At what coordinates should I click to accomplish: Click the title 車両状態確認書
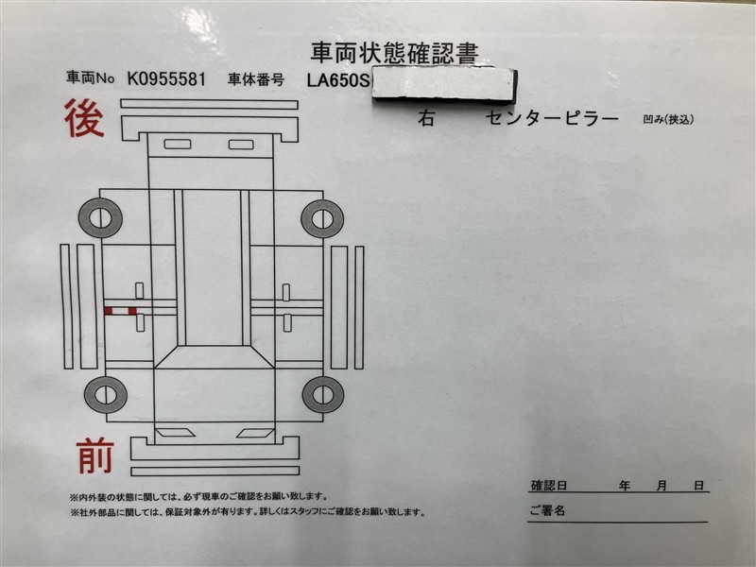click(394, 53)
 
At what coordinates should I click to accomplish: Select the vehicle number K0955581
click(166, 78)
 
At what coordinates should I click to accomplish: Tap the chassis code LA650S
click(338, 80)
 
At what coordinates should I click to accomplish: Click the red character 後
click(84, 118)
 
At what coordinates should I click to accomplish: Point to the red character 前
click(95, 455)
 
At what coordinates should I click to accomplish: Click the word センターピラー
click(552, 118)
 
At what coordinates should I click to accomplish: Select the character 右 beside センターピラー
click(426, 117)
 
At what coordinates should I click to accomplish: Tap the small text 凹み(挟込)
click(668, 119)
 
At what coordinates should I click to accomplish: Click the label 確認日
click(549, 485)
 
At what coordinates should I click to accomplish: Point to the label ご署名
click(547, 510)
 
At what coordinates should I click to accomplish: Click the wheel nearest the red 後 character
click(100, 218)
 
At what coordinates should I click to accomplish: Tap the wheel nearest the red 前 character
click(106, 395)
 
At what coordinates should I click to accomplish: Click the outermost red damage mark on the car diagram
click(109, 311)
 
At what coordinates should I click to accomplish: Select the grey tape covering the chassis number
click(444, 85)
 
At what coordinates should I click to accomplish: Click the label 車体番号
click(256, 80)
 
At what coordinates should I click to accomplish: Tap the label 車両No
click(90, 77)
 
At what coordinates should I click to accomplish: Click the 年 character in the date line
click(625, 485)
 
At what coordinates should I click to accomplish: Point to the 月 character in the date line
click(661, 485)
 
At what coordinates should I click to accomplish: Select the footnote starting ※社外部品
click(249, 512)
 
